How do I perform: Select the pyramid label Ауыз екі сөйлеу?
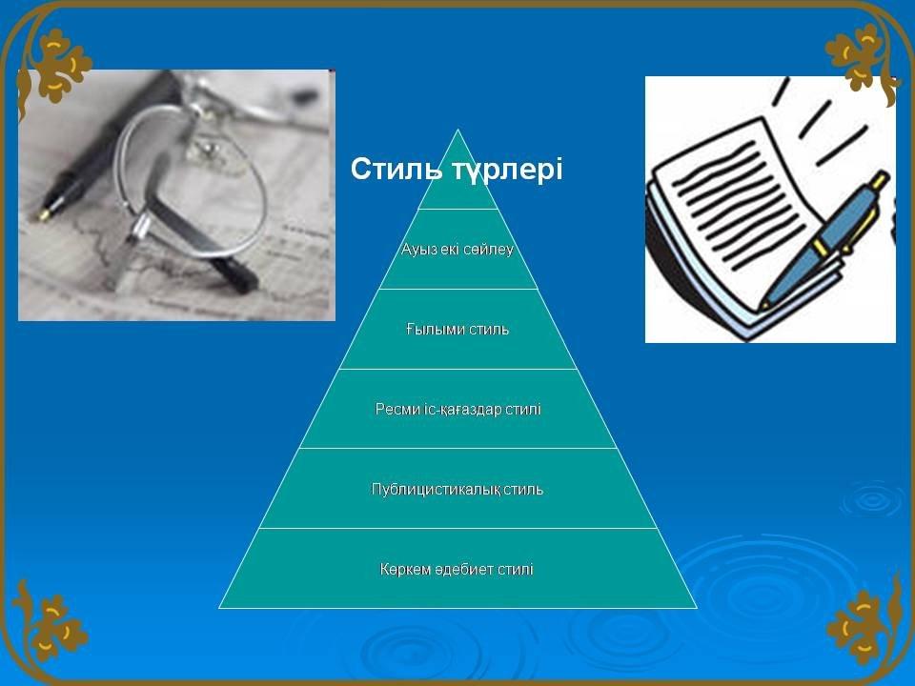pyautogui.click(x=457, y=250)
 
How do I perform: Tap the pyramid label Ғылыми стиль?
pyautogui.click(x=457, y=330)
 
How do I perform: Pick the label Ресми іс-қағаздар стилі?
pyautogui.click(x=458, y=410)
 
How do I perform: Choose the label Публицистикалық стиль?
pyautogui.click(x=457, y=490)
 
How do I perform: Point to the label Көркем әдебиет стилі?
pyautogui.click(x=457, y=570)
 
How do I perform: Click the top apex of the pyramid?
pyautogui.click(x=458, y=130)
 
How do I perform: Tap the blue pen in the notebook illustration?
pyautogui.click(x=823, y=239)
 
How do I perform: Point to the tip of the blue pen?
pyautogui.click(x=762, y=307)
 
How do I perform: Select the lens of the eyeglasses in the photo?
pyautogui.click(x=193, y=181)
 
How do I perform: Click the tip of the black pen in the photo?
pyautogui.click(x=43, y=216)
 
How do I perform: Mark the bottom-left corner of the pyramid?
pyautogui.click(x=219, y=608)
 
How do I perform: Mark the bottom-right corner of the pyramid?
pyautogui.click(x=697, y=608)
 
